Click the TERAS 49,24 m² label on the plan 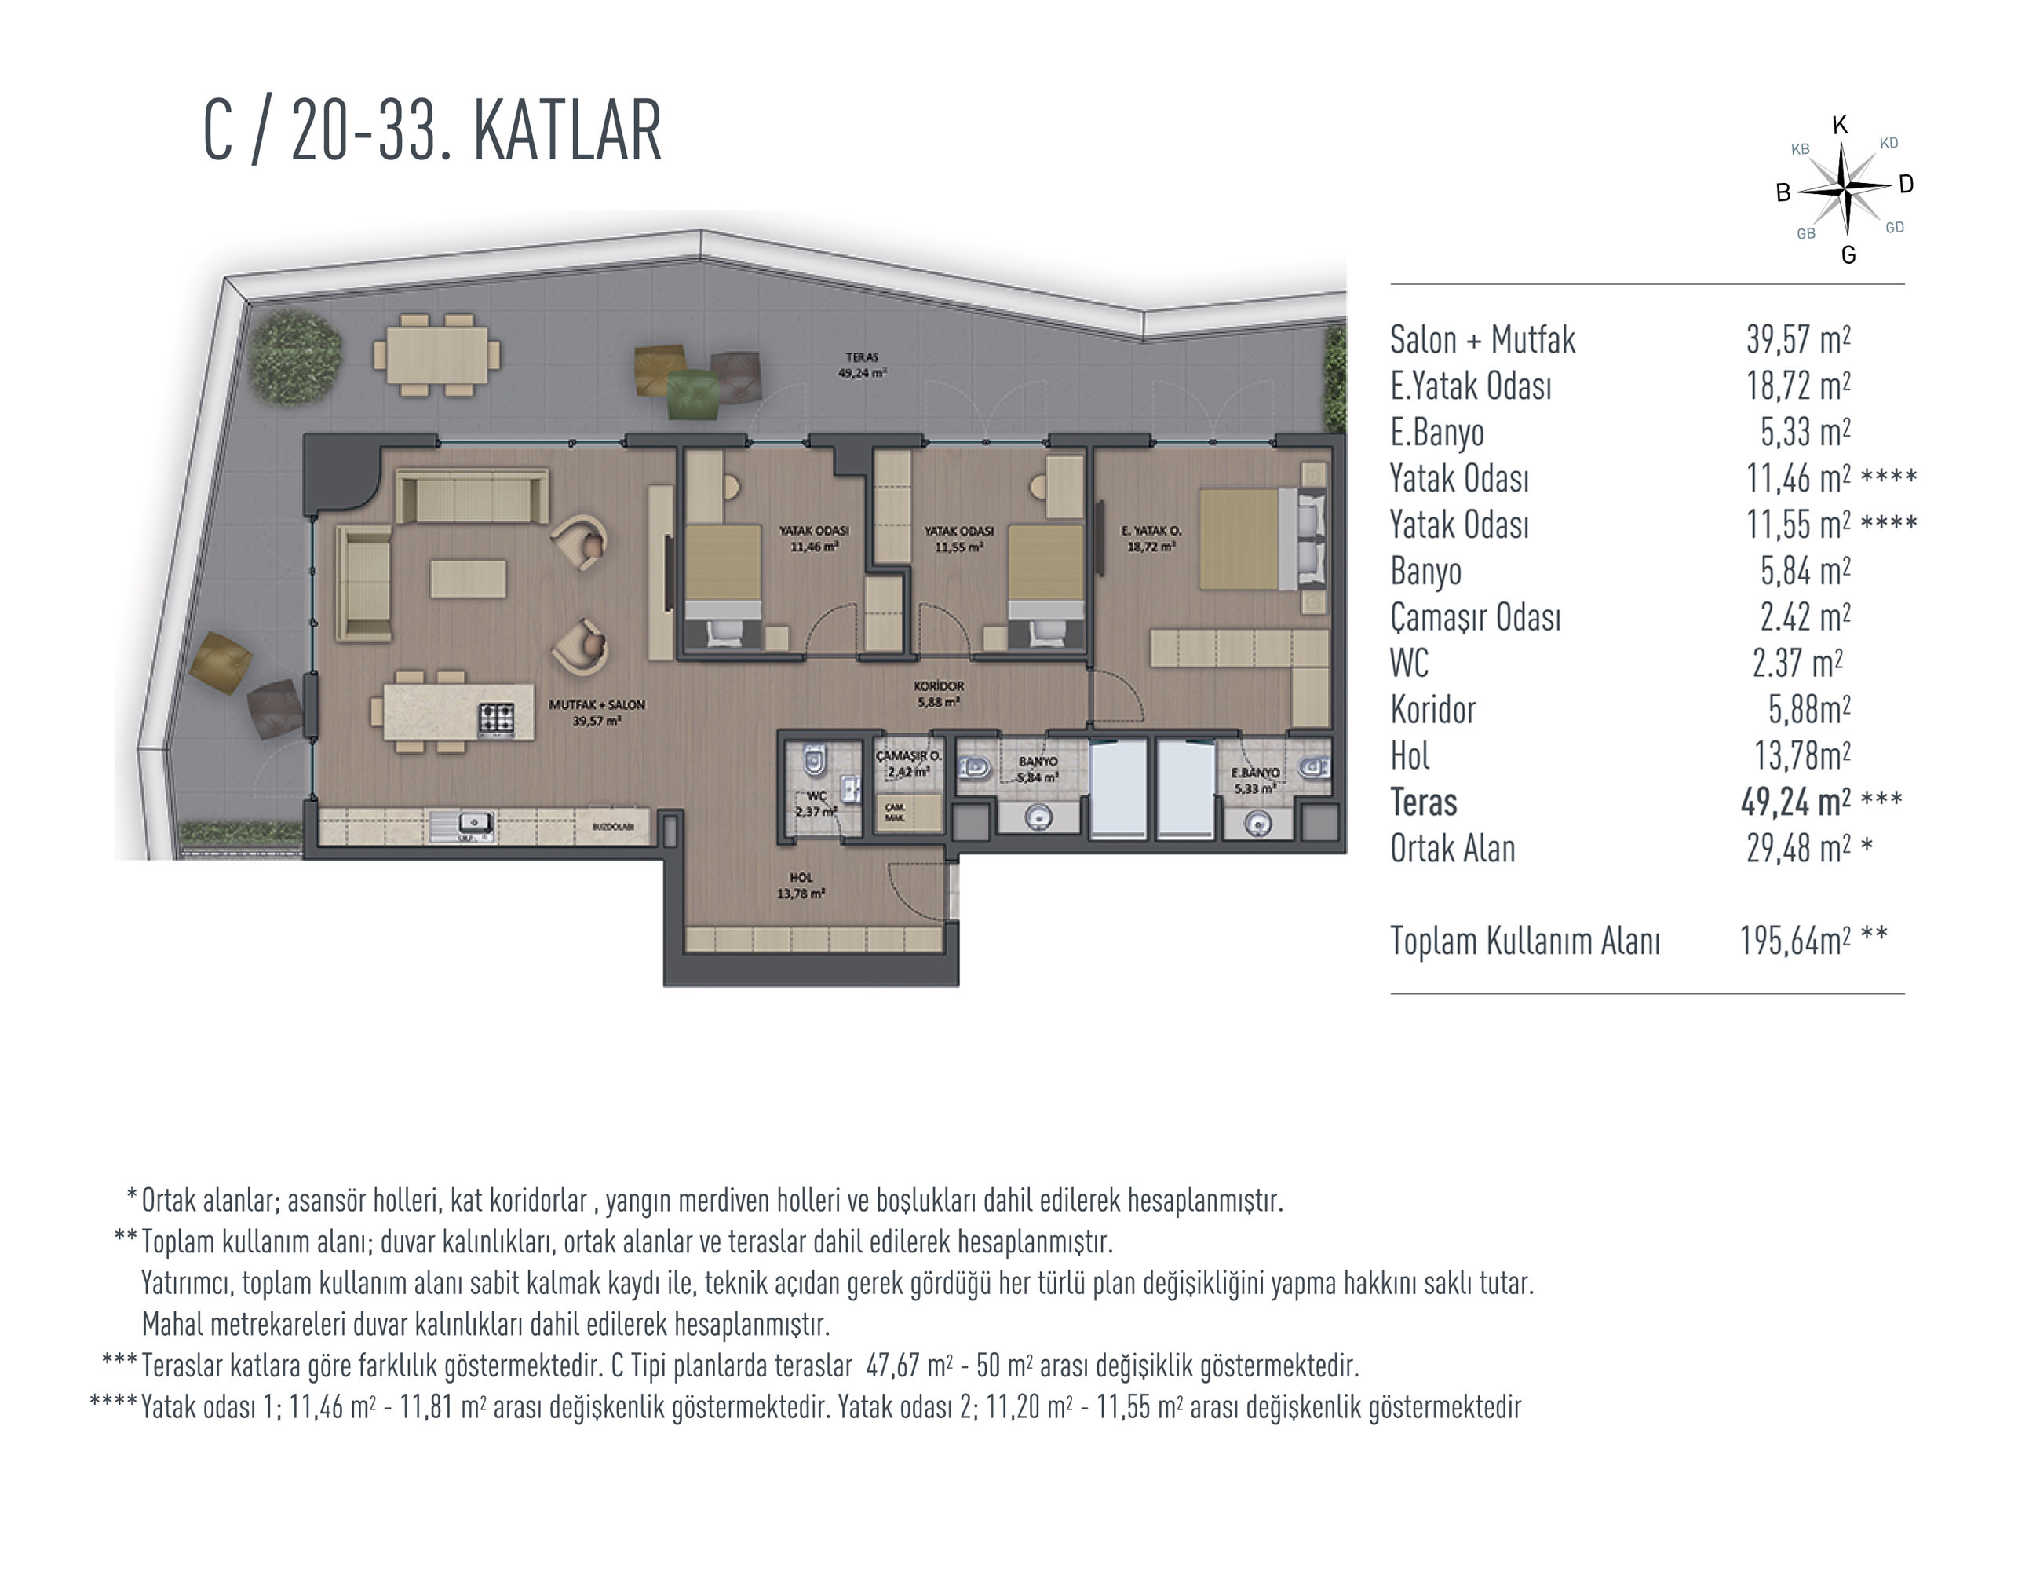tap(862, 365)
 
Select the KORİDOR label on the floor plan tap(939, 686)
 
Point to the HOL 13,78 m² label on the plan tap(801, 886)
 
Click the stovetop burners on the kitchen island tap(496, 718)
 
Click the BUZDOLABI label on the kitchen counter tap(613, 827)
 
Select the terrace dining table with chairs tap(436, 355)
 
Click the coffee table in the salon tap(469, 579)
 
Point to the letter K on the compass tap(1840, 126)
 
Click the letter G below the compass tap(1848, 254)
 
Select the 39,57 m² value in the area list tap(1798, 340)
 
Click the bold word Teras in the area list tap(1424, 802)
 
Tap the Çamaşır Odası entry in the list tap(1475, 618)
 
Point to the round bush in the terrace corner tap(294, 356)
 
